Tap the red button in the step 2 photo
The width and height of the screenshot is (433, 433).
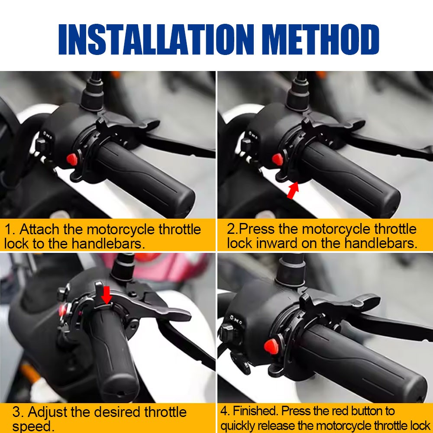pos(278,159)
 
